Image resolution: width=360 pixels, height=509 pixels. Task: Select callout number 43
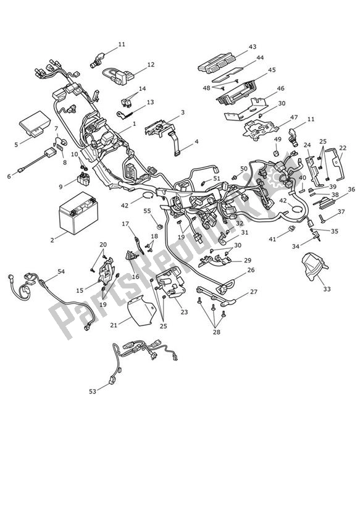pos(253,47)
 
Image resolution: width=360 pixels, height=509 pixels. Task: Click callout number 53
pos(93,391)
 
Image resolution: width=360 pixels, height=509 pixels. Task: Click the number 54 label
pos(61,271)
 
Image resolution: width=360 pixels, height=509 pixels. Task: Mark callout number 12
pos(151,64)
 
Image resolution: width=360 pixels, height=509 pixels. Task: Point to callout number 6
pos(9,176)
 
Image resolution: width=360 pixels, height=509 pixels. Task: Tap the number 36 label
pos(351,190)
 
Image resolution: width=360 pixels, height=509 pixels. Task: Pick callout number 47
pos(294,117)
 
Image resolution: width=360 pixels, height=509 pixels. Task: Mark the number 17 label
pos(125,224)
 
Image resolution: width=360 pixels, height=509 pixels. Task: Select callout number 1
pos(134,124)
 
